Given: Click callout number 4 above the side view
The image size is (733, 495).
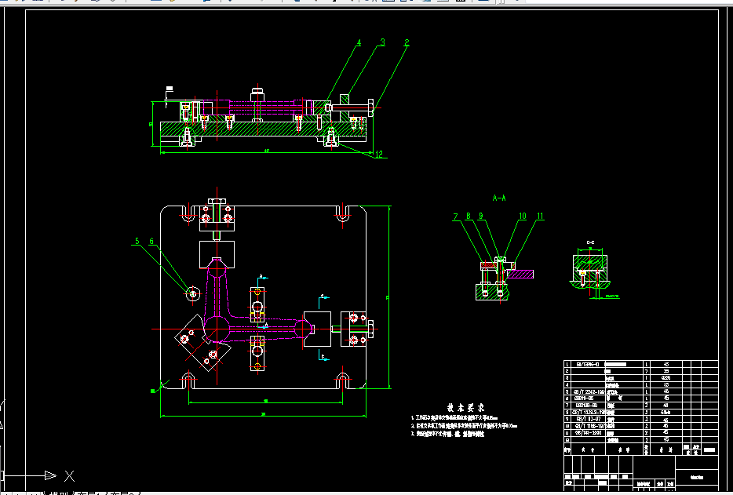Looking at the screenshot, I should point(359,43).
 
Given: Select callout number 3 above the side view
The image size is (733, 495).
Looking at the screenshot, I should point(383,42).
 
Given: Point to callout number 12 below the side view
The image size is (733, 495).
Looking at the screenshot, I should point(379,154).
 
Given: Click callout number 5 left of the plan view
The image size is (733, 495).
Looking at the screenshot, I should point(136,242).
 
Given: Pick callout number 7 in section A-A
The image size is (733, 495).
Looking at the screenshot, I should point(454,216).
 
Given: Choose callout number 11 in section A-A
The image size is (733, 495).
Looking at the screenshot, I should point(540,216).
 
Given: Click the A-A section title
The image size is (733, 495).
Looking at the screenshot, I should point(499,198).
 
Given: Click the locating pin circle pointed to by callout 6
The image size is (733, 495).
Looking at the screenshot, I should point(192,293).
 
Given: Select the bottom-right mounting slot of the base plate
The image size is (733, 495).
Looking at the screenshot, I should point(343,381).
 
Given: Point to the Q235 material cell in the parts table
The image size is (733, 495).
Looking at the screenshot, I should point(665,378).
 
